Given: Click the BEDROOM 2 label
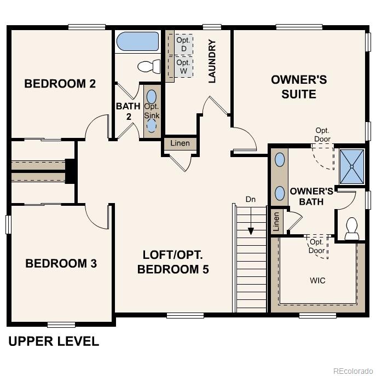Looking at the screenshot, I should tap(60, 84).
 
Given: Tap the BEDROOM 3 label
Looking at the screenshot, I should tap(61, 263).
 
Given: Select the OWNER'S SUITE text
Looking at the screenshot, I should tap(299, 87).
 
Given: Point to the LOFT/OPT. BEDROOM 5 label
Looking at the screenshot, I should tap(173, 262).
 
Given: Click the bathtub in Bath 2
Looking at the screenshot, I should tap(137, 41).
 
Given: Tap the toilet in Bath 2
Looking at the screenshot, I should tap(147, 67).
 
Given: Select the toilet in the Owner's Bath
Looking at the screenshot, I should tap(351, 228).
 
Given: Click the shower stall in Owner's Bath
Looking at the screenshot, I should tap(351, 166).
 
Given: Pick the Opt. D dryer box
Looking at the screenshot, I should tap(183, 44).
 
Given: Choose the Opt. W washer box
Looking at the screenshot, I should tap(183, 67).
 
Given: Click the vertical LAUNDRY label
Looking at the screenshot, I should tap(212, 61).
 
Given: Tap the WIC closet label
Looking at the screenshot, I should tap(317, 281).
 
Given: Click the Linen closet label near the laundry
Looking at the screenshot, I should tap(180, 143).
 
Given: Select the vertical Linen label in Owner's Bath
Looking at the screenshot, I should tap(276, 221).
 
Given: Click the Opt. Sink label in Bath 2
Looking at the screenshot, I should tap(152, 111).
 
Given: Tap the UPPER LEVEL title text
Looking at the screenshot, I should tap(54, 342).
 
